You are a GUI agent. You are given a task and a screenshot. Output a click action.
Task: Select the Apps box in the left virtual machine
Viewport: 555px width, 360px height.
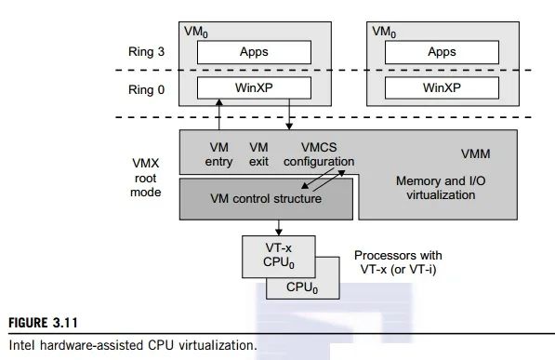click(252, 53)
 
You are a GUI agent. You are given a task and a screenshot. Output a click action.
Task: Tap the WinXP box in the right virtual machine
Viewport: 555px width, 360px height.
click(441, 90)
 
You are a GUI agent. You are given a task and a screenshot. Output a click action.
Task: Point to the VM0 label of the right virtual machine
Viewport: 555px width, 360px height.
click(384, 31)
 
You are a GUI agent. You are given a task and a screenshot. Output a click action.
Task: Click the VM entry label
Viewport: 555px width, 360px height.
click(219, 155)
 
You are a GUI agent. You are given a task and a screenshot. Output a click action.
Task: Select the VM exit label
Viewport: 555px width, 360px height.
click(258, 155)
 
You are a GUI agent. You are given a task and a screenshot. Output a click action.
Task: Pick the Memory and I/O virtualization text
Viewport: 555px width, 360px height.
click(435, 188)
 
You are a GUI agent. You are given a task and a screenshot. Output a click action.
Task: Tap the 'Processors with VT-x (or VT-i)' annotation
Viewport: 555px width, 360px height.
click(398, 261)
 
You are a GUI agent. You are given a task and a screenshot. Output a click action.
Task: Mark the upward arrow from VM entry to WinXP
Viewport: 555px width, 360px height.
click(219, 116)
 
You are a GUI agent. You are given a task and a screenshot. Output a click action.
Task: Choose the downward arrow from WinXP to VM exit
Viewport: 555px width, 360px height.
click(290, 116)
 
